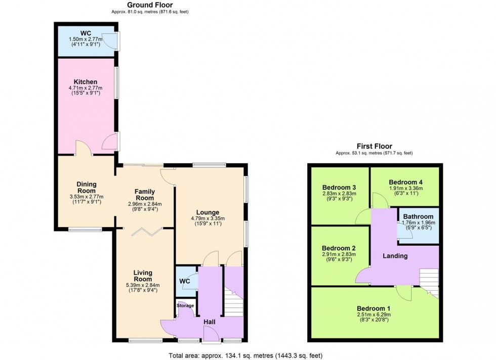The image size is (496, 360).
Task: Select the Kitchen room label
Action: pos(86,81)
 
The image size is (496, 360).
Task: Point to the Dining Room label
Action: pos(87,188)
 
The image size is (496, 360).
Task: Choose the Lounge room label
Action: pos(208,212)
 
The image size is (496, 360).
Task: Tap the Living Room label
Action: pos(143,276)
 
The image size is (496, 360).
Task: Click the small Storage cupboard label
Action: pos(185,305)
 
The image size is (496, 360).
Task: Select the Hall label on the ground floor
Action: pos(211,321)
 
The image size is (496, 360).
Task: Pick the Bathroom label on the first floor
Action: pos(418,216)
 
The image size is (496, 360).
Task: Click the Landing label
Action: pos(395,256)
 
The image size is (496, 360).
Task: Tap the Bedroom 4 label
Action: pos(405,182)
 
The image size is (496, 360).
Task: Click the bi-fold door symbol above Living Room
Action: pos(146,232)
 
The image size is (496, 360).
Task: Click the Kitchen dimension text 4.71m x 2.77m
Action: pos(86,88)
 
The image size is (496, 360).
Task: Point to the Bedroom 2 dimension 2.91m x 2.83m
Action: pos(339,254)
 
